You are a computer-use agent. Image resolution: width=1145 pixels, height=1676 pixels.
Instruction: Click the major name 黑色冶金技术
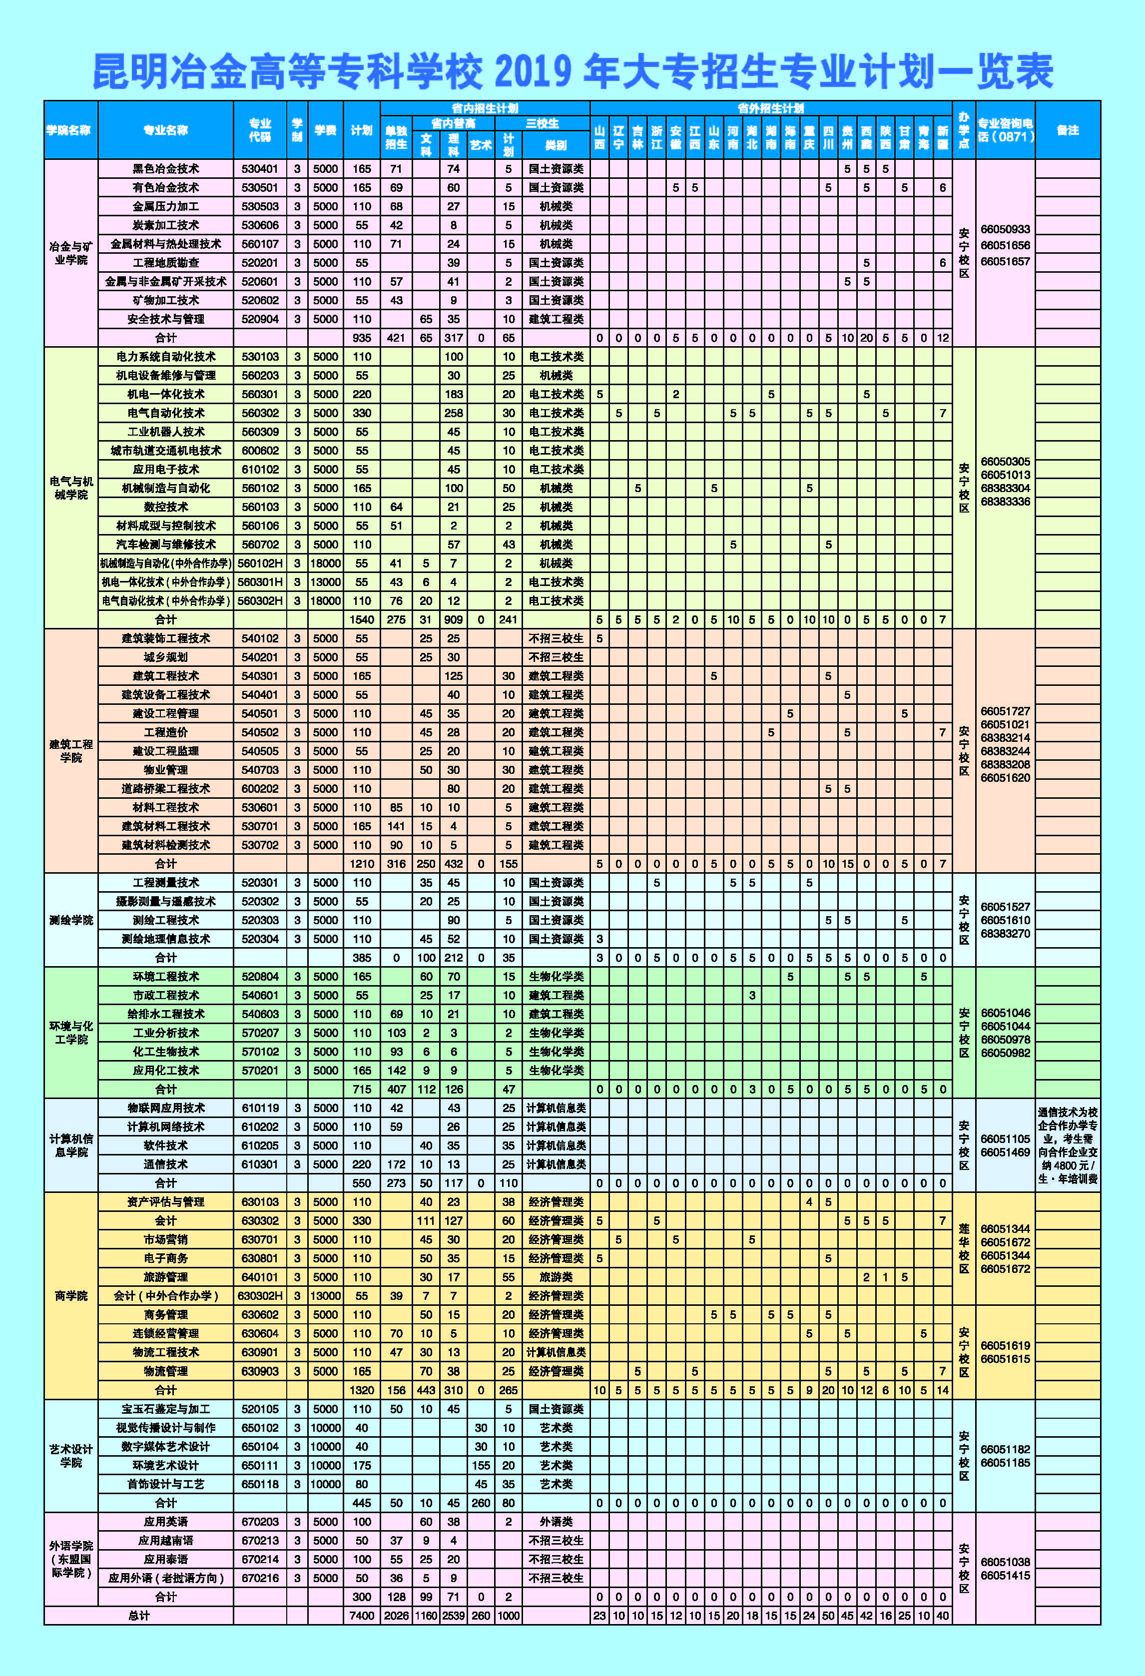pyautogui.click(x=165, y=169)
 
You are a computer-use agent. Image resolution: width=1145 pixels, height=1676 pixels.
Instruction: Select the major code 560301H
pyautogui.click(x=260, y=582)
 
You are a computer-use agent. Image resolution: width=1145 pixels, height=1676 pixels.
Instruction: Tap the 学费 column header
pyautogui.click(x=325, y=130)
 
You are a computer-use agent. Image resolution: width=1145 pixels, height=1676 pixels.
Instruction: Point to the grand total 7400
pyautogui.click(x=361, y=1616)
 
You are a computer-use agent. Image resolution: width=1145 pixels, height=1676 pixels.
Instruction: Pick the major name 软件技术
pyautogui.click(x=165, y=1145)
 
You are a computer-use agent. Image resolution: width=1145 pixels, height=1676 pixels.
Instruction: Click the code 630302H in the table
pyautogui.click(x=260, y=1296)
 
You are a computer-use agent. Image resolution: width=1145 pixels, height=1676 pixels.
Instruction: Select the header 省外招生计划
pyautogui.click(x=770, y=108)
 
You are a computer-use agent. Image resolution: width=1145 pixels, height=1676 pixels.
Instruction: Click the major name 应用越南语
pyautogui.click(x=165, y=1541)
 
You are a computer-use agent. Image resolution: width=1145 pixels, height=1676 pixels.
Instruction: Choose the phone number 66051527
pyautogui.click(x=1005, y=907)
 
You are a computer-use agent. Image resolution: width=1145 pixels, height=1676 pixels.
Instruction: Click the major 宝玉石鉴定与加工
pyautogui.click(x=165, y=1408)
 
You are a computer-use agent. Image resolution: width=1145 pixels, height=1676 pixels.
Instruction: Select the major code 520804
pyautogui.click(x=260, y=977)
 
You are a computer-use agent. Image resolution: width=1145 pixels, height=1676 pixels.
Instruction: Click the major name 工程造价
pyautogui.click(x=165, y=732)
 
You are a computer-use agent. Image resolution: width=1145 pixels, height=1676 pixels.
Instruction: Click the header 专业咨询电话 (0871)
pyautogui.click(x=1005, y=130)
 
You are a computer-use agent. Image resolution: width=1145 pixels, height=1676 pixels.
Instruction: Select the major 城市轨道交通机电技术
pyautogui.click(x=165, y=451)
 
